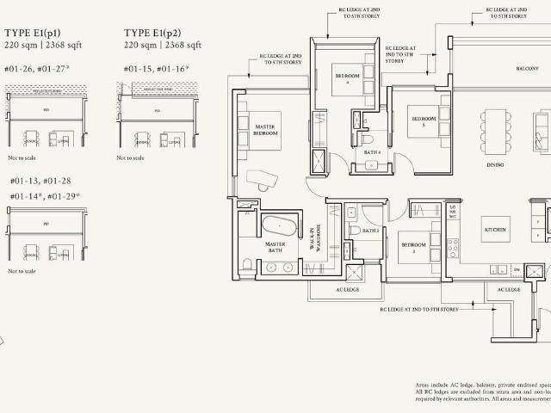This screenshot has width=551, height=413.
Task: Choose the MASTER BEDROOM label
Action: click(265, 131)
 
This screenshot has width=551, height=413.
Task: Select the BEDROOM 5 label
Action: click(424, 120)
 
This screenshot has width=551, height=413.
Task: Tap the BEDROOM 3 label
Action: click(413, 246)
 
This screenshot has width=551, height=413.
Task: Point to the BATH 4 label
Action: click(372, 152)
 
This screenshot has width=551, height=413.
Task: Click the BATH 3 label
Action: click(370, 231)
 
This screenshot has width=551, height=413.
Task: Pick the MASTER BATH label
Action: click(275, 248)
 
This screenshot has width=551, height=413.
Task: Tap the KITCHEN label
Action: click(496, 231)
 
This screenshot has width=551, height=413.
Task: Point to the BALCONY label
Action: click(528, 68)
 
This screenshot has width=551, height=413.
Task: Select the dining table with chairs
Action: click(495, 131)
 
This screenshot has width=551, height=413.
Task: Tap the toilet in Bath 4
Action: click(367, 137)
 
